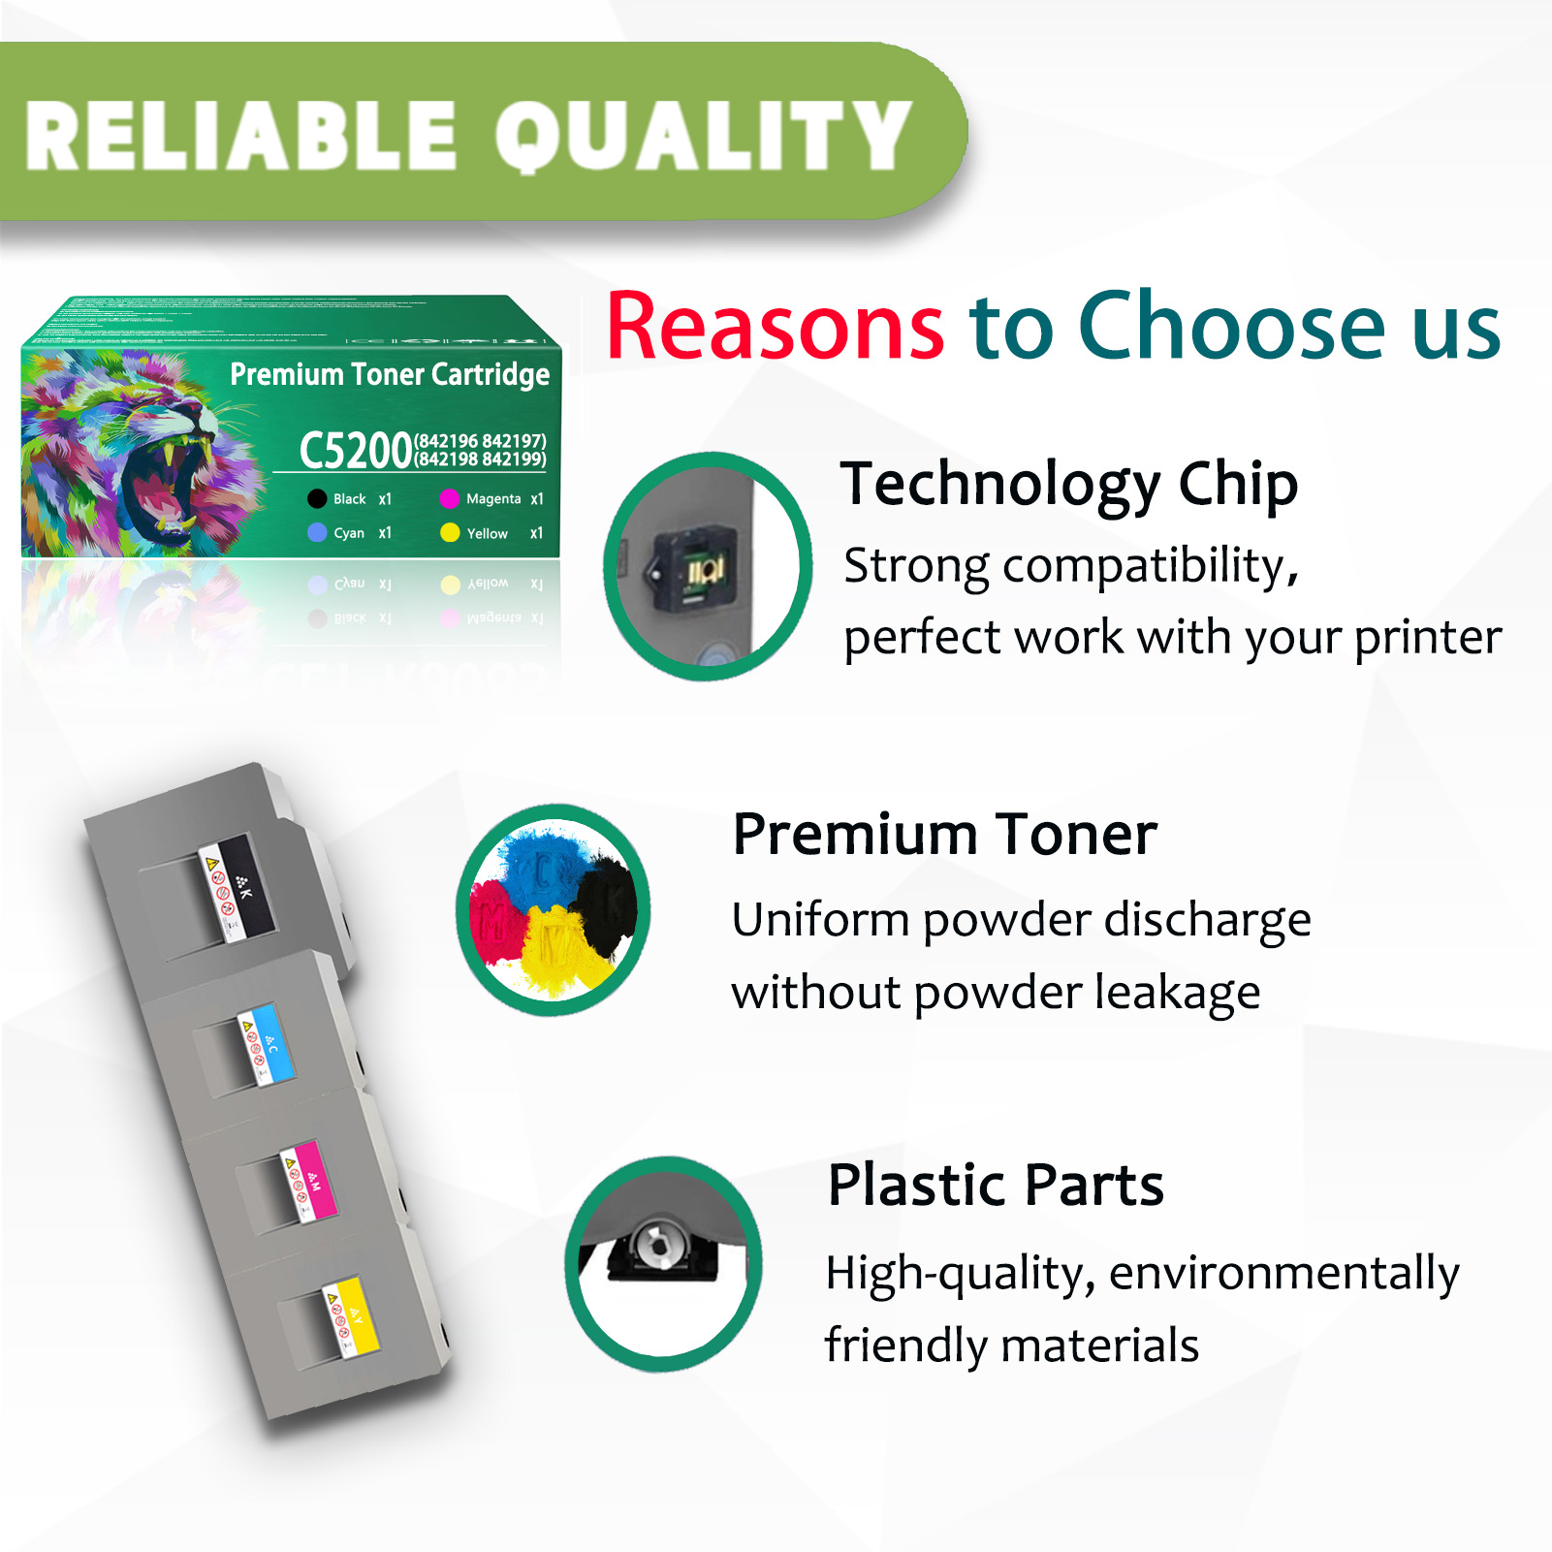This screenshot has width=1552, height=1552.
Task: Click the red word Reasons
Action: point(775,327)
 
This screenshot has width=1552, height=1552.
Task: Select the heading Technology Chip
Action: point(1068,484)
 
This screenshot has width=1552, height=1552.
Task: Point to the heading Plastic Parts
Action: point(995,1185)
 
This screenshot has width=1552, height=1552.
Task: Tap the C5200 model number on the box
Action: point(356,451)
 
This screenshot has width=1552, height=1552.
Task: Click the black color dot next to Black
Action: point(317,499)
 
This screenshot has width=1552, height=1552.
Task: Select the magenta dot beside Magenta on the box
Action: point(449,499)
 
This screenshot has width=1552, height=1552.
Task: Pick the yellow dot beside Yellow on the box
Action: point(450,533)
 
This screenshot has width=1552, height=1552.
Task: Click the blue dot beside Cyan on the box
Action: point(317,533)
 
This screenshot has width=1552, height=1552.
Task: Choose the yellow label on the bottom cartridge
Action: point(357,1314)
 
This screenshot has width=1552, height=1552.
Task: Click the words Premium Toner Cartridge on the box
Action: point(390,375)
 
